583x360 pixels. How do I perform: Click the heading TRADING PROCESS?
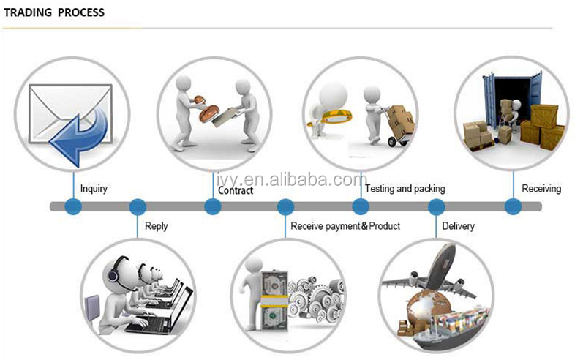(54, 12)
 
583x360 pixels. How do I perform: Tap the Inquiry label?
(94, 189)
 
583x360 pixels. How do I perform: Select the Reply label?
(156, 226)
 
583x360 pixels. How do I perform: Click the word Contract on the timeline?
(236, 190)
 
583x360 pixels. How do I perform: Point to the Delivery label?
(458, 226)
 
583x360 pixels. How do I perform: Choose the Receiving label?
(541, 189)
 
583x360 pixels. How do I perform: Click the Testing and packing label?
(405, 189)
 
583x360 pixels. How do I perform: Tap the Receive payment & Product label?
(345, 226)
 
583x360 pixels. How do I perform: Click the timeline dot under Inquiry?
(73, 206)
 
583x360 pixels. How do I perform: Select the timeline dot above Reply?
(138, 206)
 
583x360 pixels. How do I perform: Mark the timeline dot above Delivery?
(436, 206)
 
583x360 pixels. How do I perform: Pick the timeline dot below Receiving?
(513, 206)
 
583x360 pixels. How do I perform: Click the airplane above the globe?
(432, 275)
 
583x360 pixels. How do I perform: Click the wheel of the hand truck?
(392, 142)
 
